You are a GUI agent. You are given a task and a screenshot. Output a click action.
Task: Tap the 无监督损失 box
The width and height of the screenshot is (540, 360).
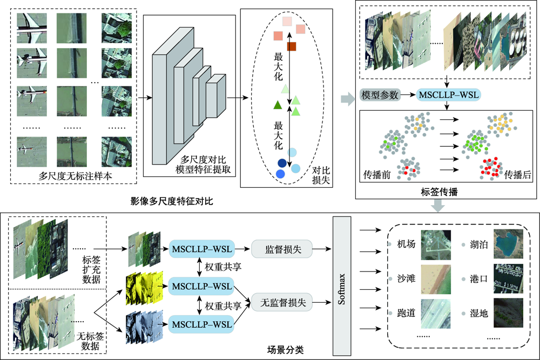pyautogui.click(x=278, y=303)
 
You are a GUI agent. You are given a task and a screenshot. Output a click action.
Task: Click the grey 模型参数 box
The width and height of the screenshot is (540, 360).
pyautogui.click(x=380, y=96)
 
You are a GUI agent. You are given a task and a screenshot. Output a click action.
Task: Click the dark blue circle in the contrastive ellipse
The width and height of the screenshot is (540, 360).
pyautogui.click(x=282, y=163)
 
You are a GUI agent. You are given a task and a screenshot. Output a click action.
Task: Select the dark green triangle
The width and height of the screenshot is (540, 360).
pyautogui.click(x=278, y=105)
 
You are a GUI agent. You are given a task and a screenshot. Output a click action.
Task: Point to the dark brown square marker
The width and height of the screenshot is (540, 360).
pyautogui.click(x=292, y=46)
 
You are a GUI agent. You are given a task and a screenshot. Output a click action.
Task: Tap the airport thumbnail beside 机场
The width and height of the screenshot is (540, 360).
pyautogui.click(x=435, y=244)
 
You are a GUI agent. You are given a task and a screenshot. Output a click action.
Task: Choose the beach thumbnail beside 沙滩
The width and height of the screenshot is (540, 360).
pyautogui.click(x=435, y=278)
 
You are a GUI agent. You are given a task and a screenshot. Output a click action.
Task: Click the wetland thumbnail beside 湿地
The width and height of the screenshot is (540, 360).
pyautogui.click(x=507, y=313)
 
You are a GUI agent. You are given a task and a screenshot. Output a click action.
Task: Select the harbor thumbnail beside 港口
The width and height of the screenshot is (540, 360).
pyautogui.click(x=507, y=278)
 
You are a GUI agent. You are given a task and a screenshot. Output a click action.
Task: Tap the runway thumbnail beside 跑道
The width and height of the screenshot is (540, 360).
pyautogui.click(x=435, y=313)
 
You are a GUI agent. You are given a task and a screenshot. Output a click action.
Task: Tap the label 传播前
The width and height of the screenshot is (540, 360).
pyautogui.click(x=376, y=175)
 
